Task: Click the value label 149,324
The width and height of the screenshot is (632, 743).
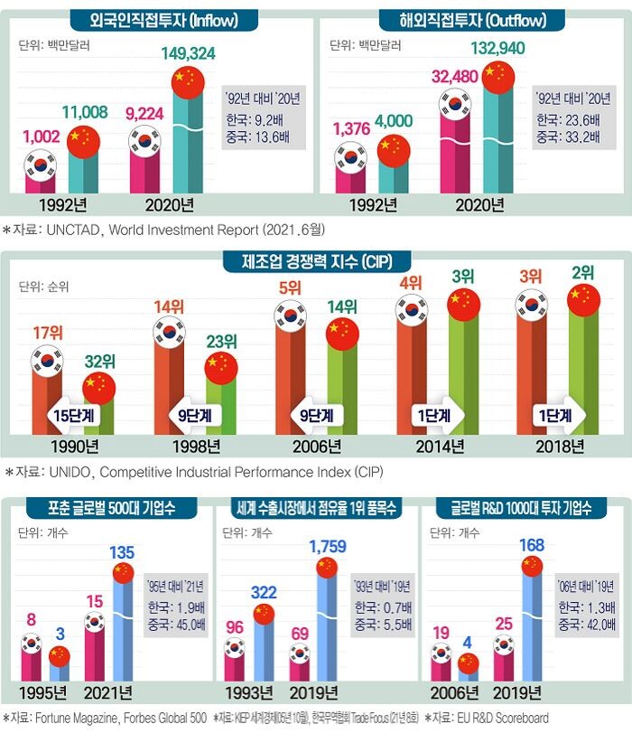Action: pos(188,53)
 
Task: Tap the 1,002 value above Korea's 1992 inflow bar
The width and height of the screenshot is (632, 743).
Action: pos(42,137)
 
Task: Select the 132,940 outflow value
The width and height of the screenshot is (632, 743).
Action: pos(497,48)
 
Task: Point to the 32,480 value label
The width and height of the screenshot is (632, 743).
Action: pos(454,76)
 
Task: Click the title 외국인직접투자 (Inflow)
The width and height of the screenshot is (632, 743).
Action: pos(163,21)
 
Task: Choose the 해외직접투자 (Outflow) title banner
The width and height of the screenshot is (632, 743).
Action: pos(472,21)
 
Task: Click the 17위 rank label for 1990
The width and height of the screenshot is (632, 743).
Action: pos(48,333)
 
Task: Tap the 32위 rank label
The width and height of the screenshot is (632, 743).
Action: pos(100,362)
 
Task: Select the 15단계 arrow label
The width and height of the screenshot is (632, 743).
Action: pos(73,416)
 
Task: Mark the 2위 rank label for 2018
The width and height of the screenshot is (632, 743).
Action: pos(582,272)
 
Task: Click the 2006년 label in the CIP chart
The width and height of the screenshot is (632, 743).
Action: pos(317,447)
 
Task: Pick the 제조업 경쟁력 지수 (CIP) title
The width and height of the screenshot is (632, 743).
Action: pos(317,261)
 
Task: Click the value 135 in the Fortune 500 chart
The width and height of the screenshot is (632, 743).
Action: pos(122,552)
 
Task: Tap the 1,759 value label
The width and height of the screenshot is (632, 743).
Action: pos(328,546)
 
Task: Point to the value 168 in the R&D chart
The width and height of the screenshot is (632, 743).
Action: pos(532,545)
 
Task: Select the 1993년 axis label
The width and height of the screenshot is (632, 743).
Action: pos(249,693)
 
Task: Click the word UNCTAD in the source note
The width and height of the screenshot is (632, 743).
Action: pos(73,230)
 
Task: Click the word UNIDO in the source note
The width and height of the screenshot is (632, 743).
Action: pos(70,472)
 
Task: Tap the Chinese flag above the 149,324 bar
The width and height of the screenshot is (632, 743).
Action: pos(188,82)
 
